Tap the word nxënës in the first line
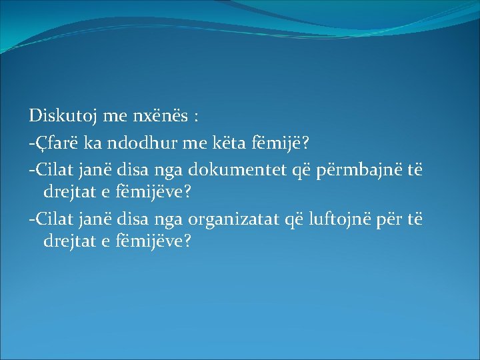(158, 117)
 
